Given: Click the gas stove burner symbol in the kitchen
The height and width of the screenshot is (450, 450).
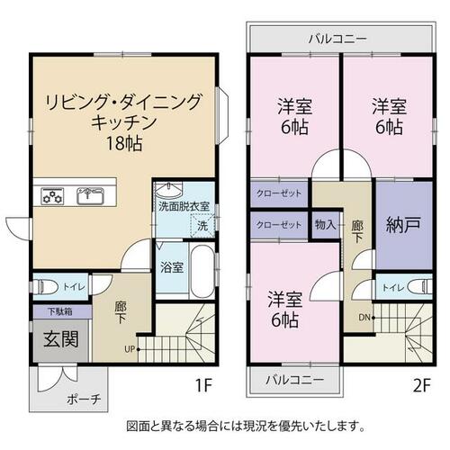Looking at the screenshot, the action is tap(52, 196).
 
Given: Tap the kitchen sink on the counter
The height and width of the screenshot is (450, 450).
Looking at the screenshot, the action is tap(90, 196).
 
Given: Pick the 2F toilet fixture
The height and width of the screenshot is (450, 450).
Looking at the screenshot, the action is tap(420, 287).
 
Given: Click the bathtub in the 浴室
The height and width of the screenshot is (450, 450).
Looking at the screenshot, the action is tap(202, 271).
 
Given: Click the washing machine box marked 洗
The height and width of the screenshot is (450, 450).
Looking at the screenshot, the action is tap(203, 225).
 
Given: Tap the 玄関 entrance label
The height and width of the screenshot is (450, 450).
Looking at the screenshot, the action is tap(61, 339).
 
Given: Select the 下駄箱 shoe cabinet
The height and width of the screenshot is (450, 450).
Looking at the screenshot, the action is tap(62, 311).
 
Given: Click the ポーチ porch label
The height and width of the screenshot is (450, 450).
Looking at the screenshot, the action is tap(84, 400).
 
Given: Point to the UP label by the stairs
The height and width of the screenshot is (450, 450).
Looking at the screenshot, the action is tap(130, 349).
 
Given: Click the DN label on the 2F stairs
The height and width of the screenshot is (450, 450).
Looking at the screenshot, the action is tap(364, 317).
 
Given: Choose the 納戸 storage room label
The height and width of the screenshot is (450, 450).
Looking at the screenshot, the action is tap(403, 225).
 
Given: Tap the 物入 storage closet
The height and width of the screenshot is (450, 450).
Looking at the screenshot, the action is tap(326, 225).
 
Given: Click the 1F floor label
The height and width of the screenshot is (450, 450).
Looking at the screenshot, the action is tap(203, 385).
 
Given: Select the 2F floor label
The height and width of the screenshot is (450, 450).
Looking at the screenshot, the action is tap(422, 385).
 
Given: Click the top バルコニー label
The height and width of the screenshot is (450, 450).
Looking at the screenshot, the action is tap(338, 39).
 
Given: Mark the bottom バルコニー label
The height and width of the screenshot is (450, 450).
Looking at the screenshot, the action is tap(295, 380).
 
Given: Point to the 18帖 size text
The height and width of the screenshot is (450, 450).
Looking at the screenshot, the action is tap(124, 143).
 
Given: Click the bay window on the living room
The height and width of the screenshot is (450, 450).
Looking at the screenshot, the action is tap(222, 115).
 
